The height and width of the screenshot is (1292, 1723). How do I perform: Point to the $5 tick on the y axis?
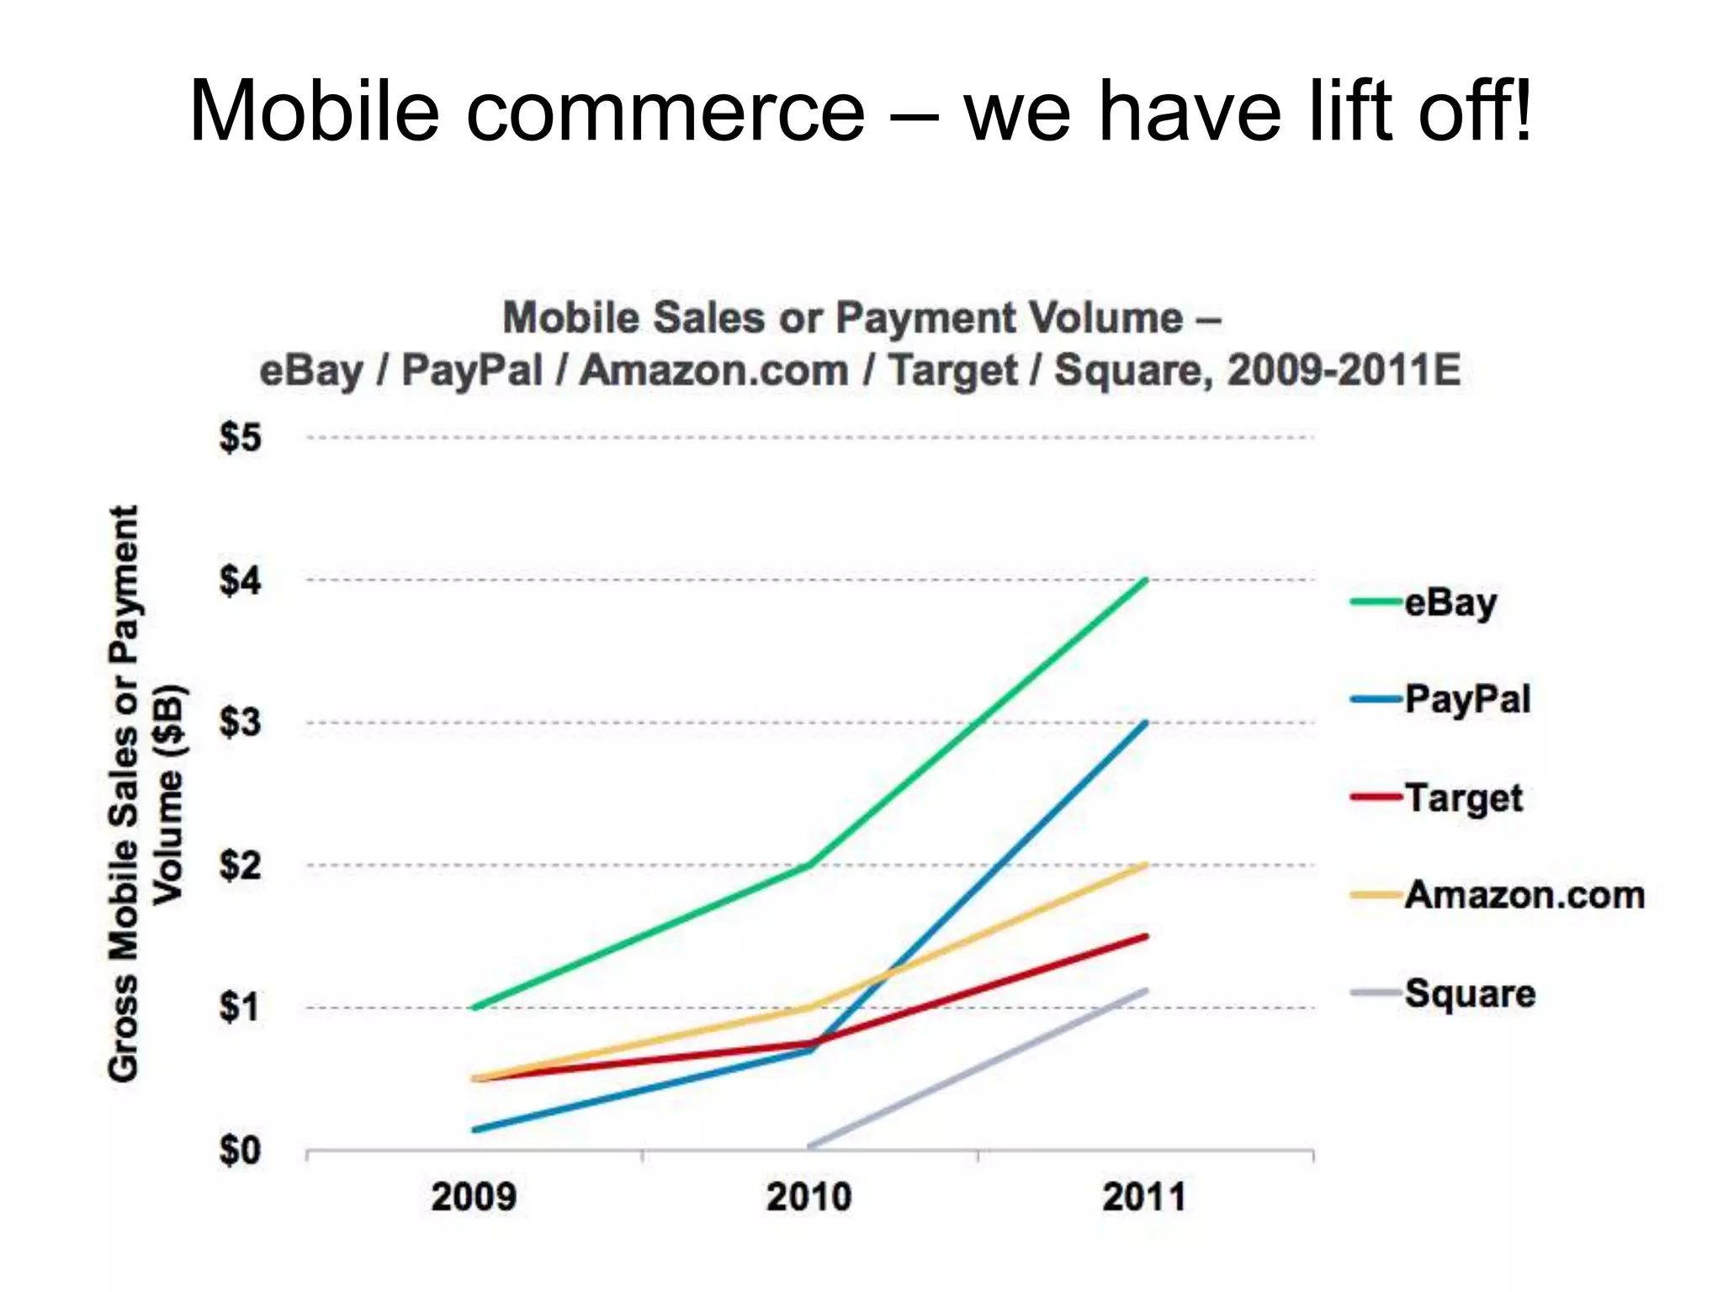[241, 438]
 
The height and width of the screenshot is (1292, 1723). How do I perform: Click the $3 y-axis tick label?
[241, 723]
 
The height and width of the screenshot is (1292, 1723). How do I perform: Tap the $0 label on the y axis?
[241, 1150]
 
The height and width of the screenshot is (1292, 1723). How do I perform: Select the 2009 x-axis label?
[474, 1197]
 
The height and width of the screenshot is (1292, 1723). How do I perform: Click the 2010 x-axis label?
[808, 1197]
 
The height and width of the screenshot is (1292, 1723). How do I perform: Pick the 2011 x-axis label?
[1144, 1197]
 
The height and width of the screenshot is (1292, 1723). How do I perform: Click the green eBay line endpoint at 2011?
[1146, 580]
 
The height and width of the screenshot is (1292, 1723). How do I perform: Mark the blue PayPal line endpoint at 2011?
[1146, 723]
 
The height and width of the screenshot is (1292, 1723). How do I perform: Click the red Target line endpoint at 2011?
[1146, 936]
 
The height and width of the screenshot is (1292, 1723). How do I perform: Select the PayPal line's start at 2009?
[475, 1130]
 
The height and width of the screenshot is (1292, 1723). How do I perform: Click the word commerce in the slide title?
[665, 111]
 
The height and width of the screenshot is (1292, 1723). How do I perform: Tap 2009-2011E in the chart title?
[1344, 370]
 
